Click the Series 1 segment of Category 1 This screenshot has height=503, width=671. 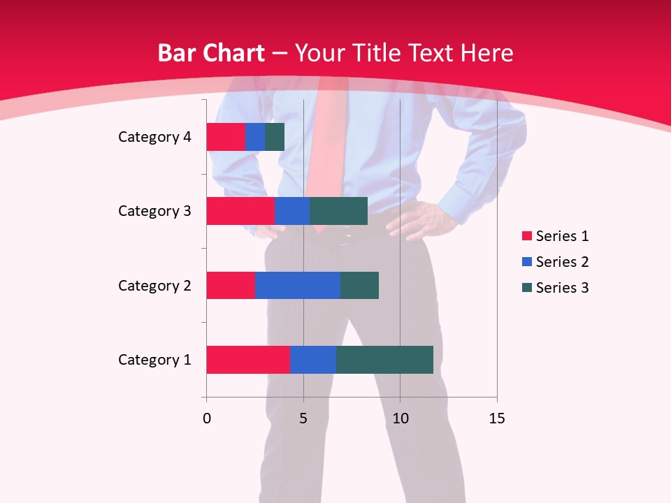[x=247, y=360]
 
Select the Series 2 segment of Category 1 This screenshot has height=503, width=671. [x=312, y=360]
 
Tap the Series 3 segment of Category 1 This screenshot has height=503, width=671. [x=384, y=360]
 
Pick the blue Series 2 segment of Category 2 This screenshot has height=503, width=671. [x=297, y=285]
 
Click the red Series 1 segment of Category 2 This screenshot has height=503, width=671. [x=230, y=285]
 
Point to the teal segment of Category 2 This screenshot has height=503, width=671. [x=359, y=285]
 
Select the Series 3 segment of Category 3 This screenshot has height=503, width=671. [x=338, y=211]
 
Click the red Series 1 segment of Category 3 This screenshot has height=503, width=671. [x=240, y=211]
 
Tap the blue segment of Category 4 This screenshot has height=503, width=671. [x=254, y=137]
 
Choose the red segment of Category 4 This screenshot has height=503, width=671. [x=225, y=137]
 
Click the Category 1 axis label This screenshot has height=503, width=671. [x=154, y=360]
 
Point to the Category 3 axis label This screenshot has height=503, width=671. [x=154, y=211]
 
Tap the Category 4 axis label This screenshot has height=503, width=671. [x=154, y=137]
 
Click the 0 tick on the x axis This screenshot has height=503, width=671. [x=206, y=418]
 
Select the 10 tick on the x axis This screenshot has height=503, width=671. [x=400, y=418]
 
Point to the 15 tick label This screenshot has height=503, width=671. [x=496, y=418]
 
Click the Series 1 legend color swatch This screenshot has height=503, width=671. [x=526, y=236]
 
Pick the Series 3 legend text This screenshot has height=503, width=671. [x=562, y=288]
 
